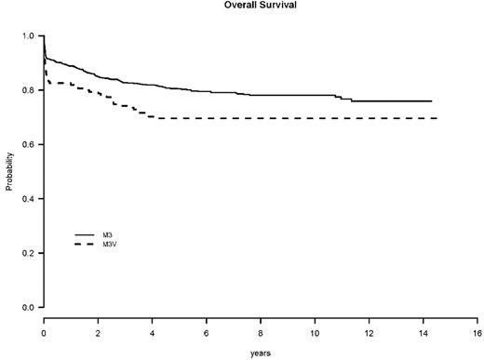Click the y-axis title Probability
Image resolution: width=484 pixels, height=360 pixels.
[x=9, y=172]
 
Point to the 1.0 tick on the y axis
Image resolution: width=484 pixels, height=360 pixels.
[x=29, y=36]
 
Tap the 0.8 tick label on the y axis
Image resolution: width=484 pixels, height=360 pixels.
[x=29, y=90]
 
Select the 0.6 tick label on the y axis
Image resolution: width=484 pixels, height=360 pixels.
[x=29, y=144]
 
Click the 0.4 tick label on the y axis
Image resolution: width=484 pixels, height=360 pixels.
[x=29, y=199]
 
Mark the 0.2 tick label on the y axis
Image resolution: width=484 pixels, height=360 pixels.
[x=29, y=253]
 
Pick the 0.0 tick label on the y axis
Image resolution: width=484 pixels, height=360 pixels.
[x=29, y=307]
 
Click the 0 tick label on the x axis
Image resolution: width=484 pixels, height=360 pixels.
[x=44, y=331]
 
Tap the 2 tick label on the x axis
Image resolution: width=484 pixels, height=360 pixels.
[x=98, y=331]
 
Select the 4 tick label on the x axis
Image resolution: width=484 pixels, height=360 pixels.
[x=152, y=331]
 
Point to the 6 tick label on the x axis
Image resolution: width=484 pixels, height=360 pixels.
[x=207, y=331]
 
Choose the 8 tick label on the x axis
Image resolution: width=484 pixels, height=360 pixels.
[x=261, y=331]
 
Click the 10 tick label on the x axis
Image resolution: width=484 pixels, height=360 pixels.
[x=315, y=331]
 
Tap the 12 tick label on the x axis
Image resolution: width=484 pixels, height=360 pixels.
[x=370, y=331]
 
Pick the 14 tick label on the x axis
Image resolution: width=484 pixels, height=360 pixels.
[x=423, y=331]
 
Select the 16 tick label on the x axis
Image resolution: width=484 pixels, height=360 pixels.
[x=477, y=331]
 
